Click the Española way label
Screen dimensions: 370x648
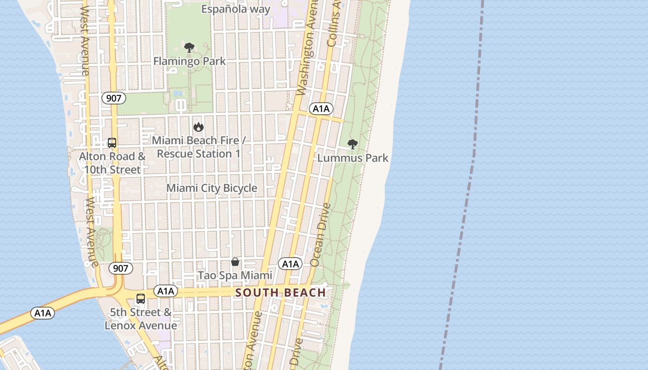(236, 9)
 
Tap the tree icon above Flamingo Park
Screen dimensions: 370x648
(189, 47)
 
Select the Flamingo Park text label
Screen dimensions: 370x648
(189, 61)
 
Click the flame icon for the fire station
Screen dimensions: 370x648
(199, 127)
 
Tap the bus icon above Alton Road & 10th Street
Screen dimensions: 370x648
(112, 143)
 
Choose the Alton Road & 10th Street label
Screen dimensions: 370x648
(112, 163)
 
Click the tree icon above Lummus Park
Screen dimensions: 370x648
(352, 144)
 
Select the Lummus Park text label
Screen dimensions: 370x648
(353, 158)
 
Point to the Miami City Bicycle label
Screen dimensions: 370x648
(212, 188)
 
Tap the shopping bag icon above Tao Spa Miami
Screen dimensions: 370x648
(235, 262)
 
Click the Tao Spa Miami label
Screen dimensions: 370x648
(235, 276)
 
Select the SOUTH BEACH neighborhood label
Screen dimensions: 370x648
(281, 292)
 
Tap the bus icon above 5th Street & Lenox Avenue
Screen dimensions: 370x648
(141, 299)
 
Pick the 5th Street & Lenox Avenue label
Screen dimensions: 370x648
(141, 319)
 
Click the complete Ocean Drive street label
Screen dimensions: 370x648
(321, 235)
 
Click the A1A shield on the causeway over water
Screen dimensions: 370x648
(43, 313)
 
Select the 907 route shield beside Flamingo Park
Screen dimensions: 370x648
(114, 98)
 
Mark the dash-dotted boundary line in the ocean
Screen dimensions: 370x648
(467, 185)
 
